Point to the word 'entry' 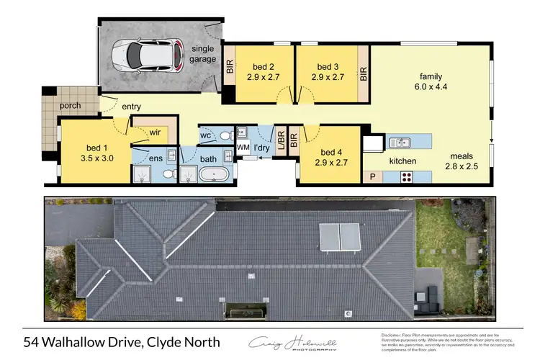(x=131, y=107)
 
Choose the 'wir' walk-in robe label (x=154, y=132)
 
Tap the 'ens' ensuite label (x=156, y=158)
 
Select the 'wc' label (x=205, y=135)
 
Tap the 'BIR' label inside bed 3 (x=364, y=74)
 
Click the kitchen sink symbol (x=398, y=142)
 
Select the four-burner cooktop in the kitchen (x=407, y=176)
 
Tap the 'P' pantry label (x=373, y=176)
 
